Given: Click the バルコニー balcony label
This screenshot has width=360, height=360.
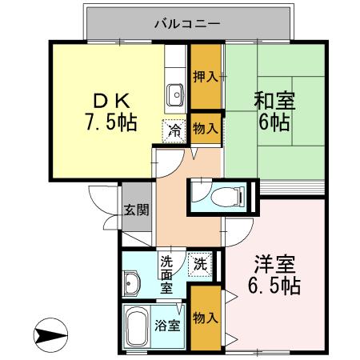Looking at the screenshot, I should (187, 24).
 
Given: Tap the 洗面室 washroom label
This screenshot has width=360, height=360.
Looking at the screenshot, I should (166, 273).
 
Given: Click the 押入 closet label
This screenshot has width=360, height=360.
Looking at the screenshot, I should (206, 78).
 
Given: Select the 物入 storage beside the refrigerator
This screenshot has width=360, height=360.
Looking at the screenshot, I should (206, 127).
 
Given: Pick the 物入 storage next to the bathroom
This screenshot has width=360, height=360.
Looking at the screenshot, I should (206, 318).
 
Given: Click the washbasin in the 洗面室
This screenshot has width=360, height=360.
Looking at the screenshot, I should (133, 282).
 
